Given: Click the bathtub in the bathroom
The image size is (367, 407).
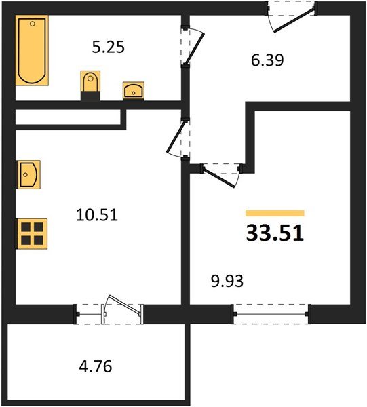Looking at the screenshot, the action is [32, 50].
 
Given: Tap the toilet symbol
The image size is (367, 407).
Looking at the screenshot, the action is [90, 81].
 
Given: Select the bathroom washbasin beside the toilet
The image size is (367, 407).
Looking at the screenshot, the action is [134, 91].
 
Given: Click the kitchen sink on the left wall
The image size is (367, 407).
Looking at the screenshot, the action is [28, 174].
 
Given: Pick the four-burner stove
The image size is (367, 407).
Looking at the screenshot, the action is [32, 233].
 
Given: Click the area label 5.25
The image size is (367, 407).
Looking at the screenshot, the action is [109, 47].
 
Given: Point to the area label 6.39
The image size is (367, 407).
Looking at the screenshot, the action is [267, 60].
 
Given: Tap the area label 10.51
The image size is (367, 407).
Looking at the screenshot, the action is [97, 215].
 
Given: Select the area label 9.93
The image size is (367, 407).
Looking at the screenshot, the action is [227, 281].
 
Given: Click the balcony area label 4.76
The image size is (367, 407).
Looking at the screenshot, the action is [96, 366].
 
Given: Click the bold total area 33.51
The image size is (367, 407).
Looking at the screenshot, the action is [275, 233].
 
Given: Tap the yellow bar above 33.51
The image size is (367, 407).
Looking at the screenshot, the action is [275, 213].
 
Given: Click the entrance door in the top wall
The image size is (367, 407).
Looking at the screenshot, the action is [292, 16].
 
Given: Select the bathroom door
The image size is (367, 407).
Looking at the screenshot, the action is [193, 47].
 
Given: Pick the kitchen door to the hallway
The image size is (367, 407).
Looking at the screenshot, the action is [178, 138].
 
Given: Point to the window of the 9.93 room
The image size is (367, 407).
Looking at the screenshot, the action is [271, 314].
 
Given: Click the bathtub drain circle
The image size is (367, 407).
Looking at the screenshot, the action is [33, 24].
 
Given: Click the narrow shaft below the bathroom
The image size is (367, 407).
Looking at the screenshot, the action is [68, 117].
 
